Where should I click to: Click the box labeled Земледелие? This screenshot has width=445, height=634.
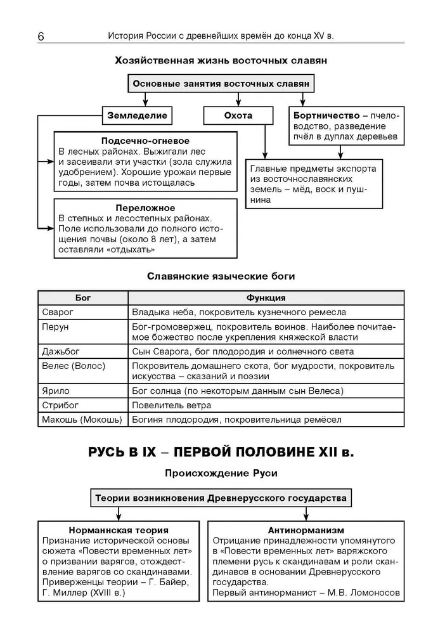coord(138,115)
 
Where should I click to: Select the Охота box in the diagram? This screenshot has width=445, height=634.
coord(238,115)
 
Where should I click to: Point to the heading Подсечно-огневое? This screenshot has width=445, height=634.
coord(145,141)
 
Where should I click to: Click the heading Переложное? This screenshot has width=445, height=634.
coord(145,207)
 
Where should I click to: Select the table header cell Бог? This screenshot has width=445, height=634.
coord(83,297)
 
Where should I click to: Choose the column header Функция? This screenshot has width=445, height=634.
coord(266,297)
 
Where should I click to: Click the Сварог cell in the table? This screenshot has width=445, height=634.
coord(58,312)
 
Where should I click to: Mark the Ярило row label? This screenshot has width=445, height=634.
coord(56,391)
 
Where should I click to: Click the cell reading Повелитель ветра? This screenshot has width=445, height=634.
coord(172,405)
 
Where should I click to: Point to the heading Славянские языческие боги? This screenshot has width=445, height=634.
coord(221,276)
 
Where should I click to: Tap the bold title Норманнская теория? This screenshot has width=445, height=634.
coord(119,529)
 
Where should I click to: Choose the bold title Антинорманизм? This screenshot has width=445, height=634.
coord(306,529)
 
